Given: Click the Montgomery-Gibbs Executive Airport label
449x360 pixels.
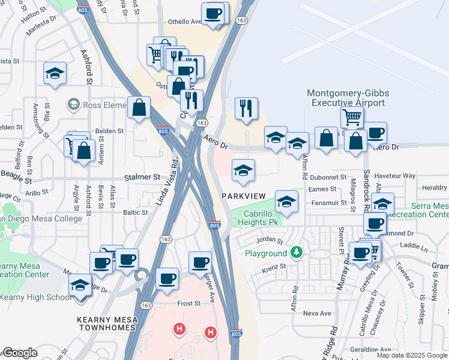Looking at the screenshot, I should coord(348,98).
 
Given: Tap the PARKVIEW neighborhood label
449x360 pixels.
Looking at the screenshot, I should coord(243,196).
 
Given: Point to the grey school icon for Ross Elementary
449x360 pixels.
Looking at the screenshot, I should coord(74,104).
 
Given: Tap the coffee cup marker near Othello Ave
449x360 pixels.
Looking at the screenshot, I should coord(212,13).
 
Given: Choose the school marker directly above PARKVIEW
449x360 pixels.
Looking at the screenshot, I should coord(243,170).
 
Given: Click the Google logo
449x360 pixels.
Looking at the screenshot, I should coord(20,353).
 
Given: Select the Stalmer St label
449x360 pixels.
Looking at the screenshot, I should coord(143,178).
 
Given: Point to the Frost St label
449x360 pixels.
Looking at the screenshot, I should coord(188,304).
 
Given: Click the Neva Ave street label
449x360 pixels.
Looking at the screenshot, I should coord(318,313).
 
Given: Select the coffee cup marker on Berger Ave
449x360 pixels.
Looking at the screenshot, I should coord(200,262).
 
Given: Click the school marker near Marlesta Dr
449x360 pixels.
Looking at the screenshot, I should coord(55,73).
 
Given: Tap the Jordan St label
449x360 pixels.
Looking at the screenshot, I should coord(270,240).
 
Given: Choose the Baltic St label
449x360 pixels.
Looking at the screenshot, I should coord(136,212).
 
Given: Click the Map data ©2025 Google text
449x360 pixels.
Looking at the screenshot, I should coord(412,355).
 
